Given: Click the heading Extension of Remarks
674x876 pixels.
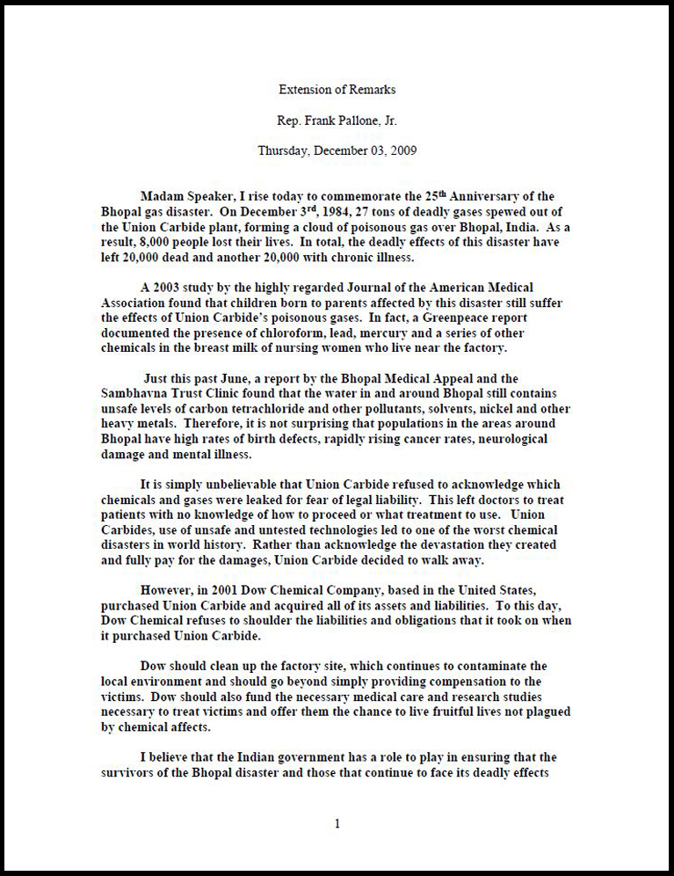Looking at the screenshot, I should click(337, 90).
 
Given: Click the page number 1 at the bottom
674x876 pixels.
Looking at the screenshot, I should click(337, 824).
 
